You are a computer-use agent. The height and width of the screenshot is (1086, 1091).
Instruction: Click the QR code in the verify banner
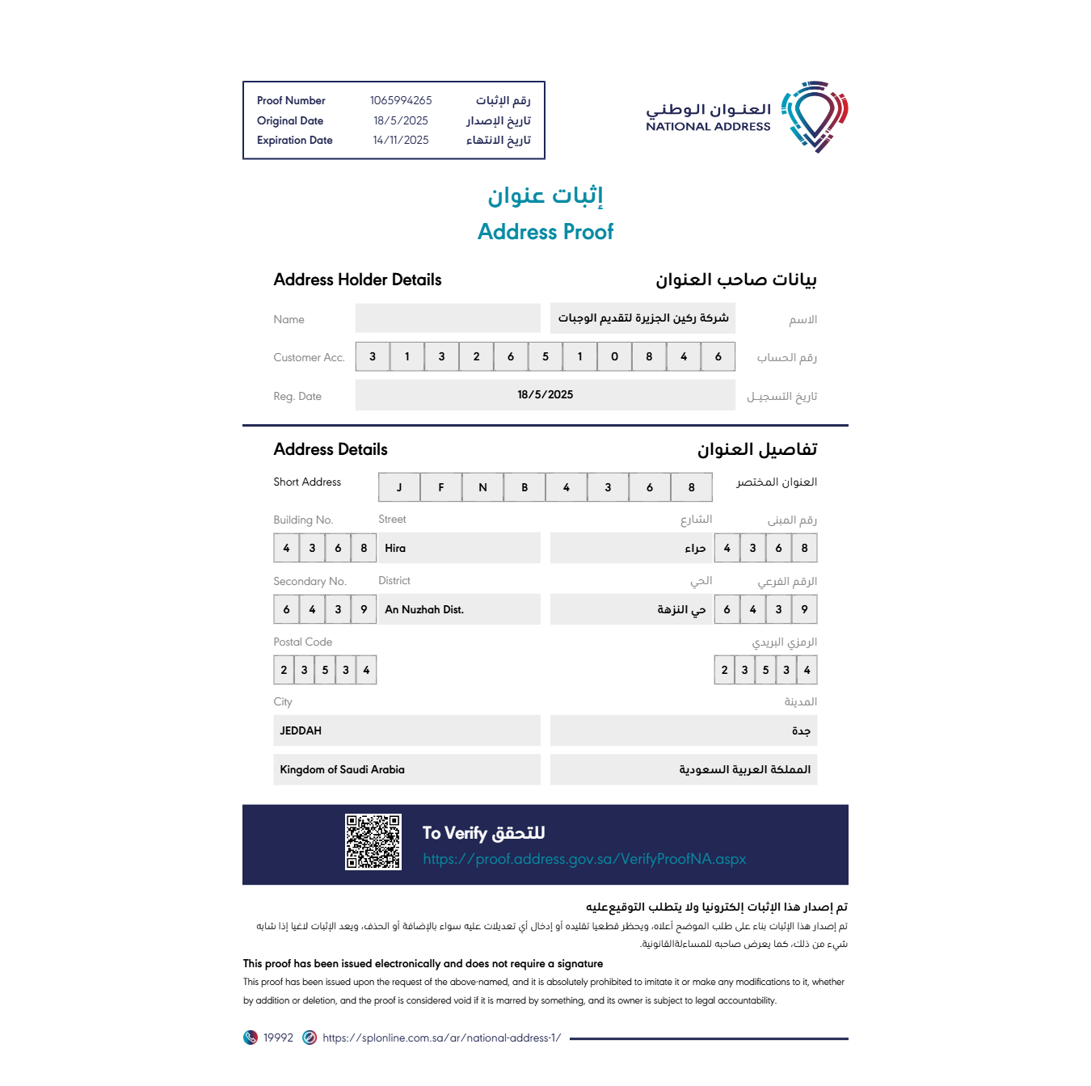[x=373, y=842]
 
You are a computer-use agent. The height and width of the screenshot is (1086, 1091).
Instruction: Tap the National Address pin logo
[x=815, y=116]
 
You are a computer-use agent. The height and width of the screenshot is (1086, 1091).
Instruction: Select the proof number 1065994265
[x=401, y=101]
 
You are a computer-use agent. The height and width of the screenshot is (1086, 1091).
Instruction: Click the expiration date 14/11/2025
[x=401, y=141]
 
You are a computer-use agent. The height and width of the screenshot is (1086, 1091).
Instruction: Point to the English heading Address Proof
[x=545, y=232]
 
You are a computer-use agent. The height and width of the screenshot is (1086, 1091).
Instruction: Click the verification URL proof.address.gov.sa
[x=584, y=859]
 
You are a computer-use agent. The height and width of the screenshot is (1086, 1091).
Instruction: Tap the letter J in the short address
[x=399, y=488]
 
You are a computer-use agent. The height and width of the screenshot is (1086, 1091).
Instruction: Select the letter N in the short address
[x=482, y=488]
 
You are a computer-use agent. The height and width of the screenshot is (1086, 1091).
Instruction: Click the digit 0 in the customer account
[x=614, y=357]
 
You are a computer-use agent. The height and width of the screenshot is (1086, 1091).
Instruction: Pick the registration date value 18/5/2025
[x=545, y=395]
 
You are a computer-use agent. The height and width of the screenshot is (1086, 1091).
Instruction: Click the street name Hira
[x=395, y=549]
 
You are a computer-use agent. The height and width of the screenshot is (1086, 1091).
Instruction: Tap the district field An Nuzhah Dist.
[x=424, y=610]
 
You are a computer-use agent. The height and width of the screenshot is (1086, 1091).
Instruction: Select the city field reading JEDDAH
[x=301, y=731]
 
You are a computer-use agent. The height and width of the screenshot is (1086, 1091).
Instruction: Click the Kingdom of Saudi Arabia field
[x=342, y=770]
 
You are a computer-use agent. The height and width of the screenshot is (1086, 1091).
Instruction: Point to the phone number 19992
[x=278, y=1038]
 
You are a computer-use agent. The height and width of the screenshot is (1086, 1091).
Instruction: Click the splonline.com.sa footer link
[x=441, y=1038]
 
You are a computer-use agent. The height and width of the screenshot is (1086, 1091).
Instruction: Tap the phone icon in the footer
[x=251, y=1038]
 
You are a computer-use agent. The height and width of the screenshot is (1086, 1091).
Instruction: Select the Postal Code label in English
[x=303, y=642]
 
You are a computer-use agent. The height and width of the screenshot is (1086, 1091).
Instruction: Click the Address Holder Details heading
[x=357, y=280]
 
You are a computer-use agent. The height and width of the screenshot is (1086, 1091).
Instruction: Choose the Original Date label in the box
[x=290, y=121]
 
